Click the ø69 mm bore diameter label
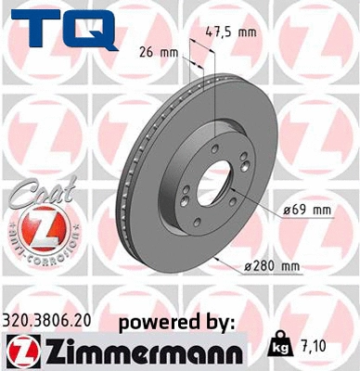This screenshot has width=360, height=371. pos(306,211)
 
